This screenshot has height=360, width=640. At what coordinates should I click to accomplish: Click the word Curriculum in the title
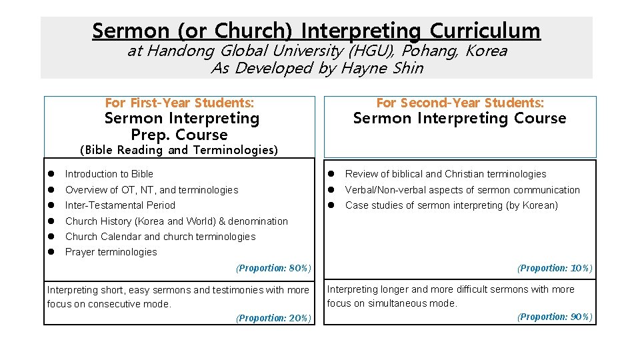[485, 31]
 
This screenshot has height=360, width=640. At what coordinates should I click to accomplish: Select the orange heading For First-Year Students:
[179, 103]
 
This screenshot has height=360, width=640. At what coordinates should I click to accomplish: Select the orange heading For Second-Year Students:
[460, 103]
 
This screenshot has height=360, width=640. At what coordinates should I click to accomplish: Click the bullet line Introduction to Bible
[109, 174]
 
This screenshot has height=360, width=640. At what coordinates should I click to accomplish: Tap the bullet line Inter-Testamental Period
[120, 205]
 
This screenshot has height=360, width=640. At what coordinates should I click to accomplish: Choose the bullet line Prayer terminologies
[111, 252]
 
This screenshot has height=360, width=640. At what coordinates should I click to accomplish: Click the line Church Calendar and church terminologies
[160, 237]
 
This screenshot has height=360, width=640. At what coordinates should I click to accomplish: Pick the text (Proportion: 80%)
[274, 268]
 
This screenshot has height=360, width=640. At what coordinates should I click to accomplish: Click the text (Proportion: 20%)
[274, 318]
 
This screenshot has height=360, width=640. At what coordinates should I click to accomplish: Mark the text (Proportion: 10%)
[555, 268]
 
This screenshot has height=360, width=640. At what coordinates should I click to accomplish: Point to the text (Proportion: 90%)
[555, 317]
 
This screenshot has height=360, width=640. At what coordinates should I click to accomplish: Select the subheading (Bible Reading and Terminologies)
[178, 150]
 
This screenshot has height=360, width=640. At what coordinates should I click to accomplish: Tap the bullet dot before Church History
[51, 221]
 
